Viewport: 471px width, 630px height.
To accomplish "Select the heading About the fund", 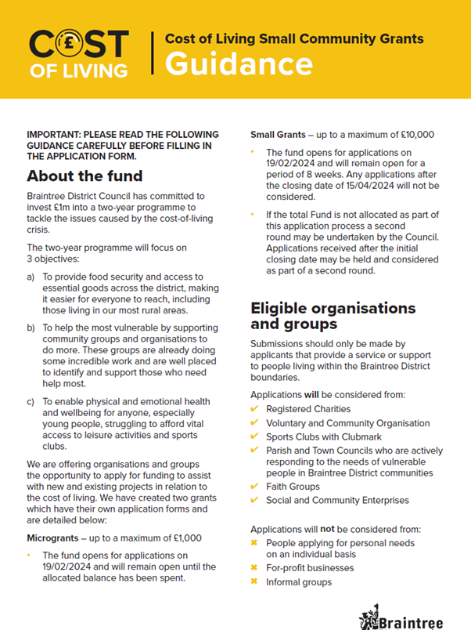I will pos(84,174).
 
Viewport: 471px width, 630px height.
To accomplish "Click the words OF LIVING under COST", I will pos(78,71).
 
